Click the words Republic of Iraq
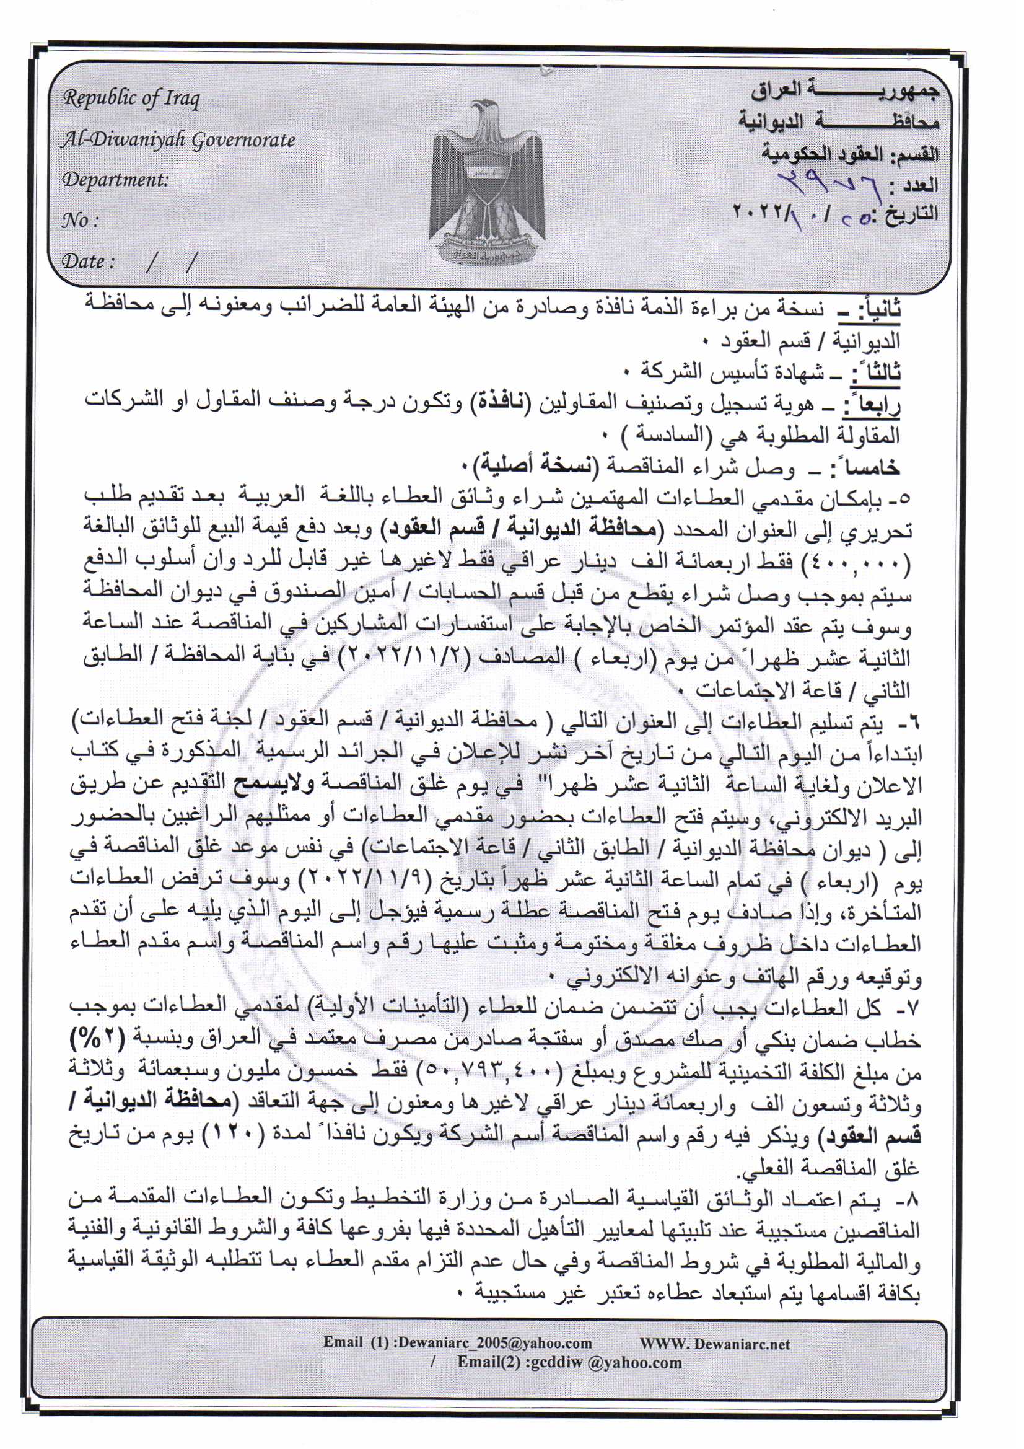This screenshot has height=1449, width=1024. click(131, 99)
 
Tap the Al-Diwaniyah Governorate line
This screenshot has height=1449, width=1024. click(178, 139)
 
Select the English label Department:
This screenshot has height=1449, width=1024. click(115, 180)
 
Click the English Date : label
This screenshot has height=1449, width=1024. click(88, 262)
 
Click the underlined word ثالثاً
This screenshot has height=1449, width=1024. click(875, 371)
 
